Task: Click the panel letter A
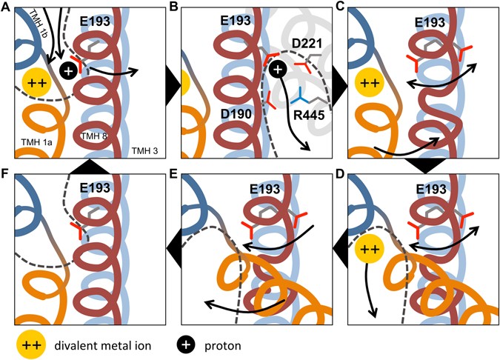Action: [7, 7]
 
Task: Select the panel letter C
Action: [342, 7]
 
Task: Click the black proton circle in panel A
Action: [68, 71]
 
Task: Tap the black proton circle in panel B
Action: [278, 70]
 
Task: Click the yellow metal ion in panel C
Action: [370, 80]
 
